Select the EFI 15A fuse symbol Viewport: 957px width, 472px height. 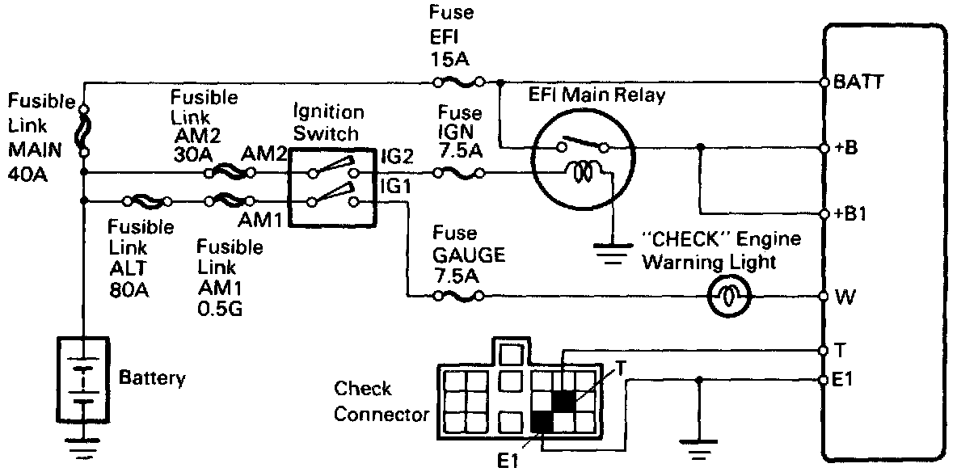coord(459,82)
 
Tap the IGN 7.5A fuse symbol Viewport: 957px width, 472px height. coord(459,172)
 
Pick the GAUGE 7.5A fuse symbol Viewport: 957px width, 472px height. coord(459,297)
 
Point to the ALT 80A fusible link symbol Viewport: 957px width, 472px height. coord(145,200)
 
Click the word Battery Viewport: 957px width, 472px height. coord(152,377)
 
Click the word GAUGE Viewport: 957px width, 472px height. coord(469,256)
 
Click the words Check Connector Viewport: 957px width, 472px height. coord(380,402)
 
